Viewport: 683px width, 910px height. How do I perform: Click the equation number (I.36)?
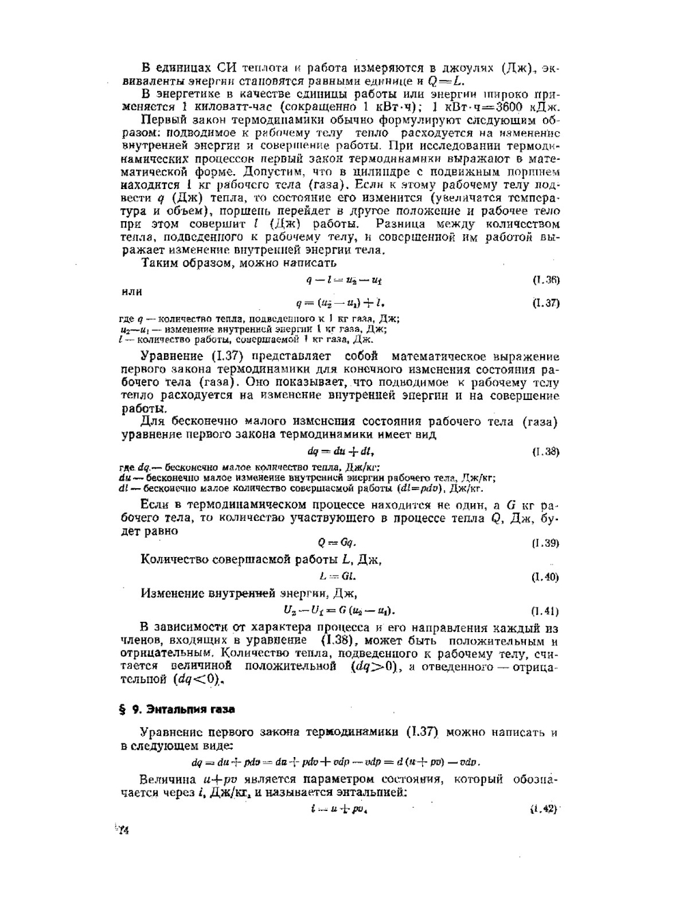(546, 280)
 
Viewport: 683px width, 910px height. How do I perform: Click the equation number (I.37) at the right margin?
(546, 303)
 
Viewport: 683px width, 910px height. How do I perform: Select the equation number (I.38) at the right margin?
(546, 451)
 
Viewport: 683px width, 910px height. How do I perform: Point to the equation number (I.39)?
(546, 543)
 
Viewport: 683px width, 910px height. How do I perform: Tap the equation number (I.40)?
(546, 577)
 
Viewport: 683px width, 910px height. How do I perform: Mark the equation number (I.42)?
(544, 809)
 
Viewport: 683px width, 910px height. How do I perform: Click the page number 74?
(123, 830)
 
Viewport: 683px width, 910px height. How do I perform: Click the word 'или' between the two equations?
(131, 292)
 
